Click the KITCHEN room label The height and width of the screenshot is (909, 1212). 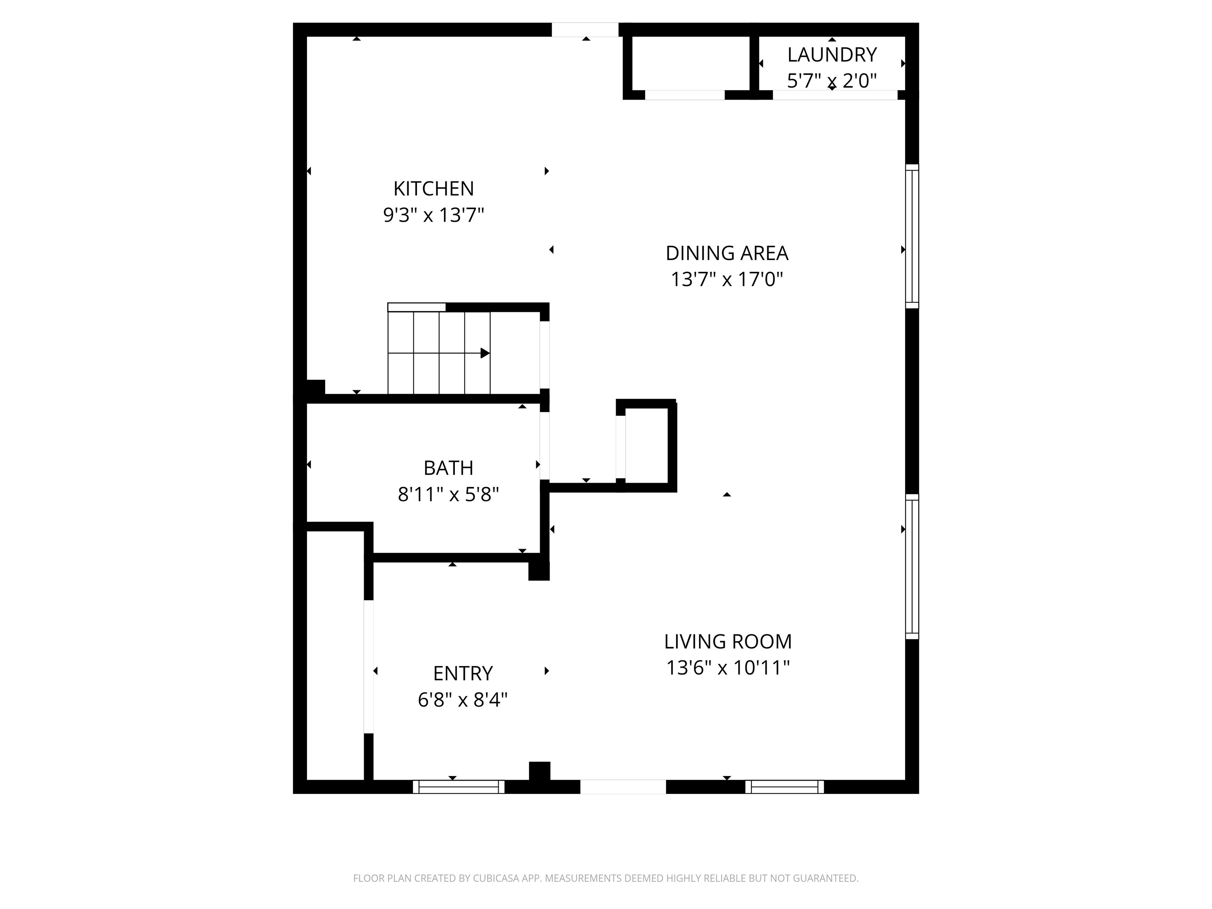coord(434,189)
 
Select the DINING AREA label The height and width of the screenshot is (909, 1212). coord(727,253)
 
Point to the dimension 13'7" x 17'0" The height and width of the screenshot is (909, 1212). coord(727,279)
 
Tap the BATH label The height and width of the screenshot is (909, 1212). coord(448,468)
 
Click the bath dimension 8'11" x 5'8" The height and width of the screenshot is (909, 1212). coord(448,495)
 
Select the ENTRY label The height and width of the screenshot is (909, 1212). coord(463,673)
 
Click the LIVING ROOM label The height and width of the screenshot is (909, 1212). coord(728,642)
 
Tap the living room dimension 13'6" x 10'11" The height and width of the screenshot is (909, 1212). coord(728,668)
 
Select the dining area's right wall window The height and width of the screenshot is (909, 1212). coord(912,236)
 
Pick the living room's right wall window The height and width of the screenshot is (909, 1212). coord(912,567)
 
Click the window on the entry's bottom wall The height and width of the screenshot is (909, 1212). coord(458,787)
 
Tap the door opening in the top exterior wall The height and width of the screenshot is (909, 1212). coord(585,30)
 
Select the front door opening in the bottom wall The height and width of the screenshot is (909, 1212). coord(623,787)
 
